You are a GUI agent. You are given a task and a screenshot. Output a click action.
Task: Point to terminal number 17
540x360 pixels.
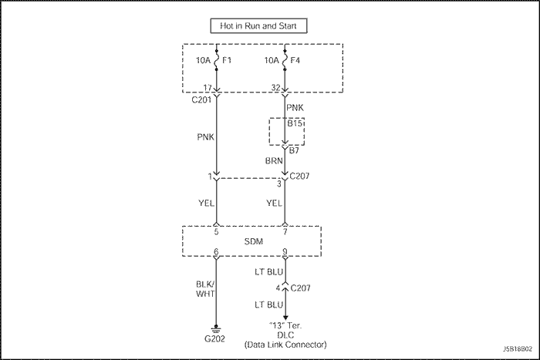(x=208, y=87)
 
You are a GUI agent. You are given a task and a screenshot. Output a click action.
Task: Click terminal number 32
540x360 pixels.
(x=275, y=87)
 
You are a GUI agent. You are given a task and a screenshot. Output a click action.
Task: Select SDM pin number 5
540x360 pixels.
(x=217, y=230)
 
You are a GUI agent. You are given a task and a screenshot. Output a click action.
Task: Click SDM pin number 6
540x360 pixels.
(x=217, y=252)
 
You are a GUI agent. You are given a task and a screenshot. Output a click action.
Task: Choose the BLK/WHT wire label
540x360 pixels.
(x=204, y=289)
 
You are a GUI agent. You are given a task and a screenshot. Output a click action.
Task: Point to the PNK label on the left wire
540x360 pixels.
(x=204, y=140)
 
